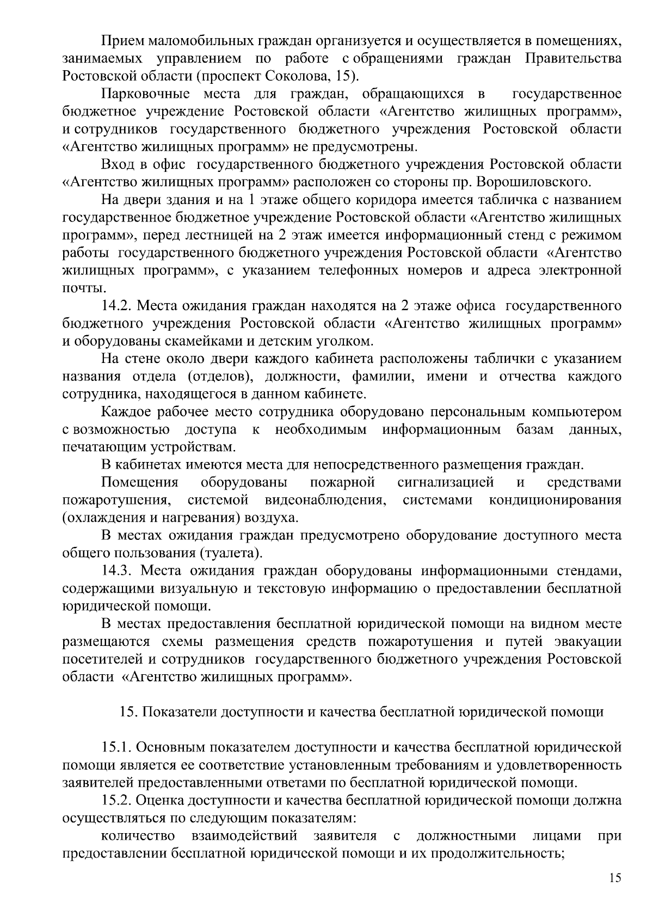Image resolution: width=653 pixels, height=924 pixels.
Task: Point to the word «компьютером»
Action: (x=577, y=412)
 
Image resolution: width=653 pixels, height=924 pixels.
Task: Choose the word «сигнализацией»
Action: (x=446, y=482)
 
